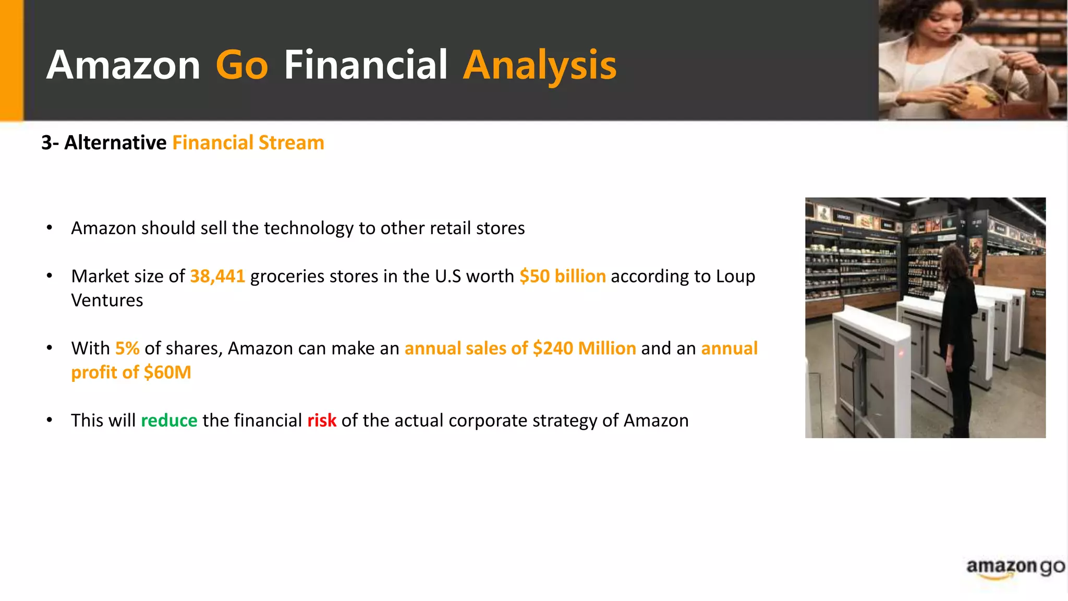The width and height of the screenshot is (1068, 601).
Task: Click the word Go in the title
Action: [241, 65]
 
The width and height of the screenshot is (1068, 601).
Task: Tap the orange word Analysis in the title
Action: [539, 65]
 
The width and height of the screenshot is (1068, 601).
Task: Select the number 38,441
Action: [217, 276]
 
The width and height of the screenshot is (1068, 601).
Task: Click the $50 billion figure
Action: [562, 276]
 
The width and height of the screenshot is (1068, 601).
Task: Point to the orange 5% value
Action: [127, 348]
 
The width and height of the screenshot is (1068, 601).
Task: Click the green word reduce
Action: [169, 420]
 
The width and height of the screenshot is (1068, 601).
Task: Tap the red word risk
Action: [322, 420]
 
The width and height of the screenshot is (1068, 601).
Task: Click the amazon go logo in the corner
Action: [1015, 567]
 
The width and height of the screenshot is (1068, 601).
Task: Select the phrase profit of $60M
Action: [131, 372]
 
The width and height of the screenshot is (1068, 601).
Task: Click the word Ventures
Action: [107, 300]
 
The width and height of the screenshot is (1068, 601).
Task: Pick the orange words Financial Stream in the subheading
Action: [248, 142]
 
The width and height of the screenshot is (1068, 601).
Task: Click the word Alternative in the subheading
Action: [115, 142]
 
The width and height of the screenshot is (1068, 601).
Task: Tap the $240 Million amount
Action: [584, 348]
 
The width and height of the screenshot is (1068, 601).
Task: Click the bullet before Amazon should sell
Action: [50, 228]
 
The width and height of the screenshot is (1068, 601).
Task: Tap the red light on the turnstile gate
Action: [901, 353]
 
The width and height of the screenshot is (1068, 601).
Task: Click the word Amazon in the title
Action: [123, 65]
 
